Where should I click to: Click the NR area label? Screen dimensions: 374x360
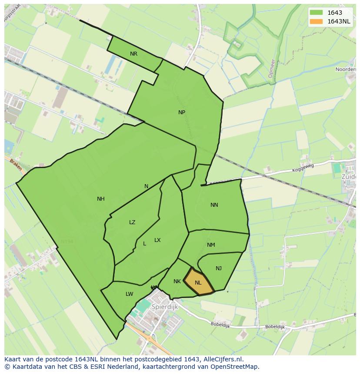(x=133, y=54)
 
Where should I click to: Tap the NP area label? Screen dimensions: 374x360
(x=182, y=113)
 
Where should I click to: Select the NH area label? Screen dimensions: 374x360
(x=101, y=199)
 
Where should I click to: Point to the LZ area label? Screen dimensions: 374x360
(x=132, y=222)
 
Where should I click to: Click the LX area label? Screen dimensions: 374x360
(x=157, y=240)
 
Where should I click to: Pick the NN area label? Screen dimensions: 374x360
(x=214, y=205)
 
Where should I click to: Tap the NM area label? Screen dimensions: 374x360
(x=211, y=245)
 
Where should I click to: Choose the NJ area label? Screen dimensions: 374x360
(x=219, y=268)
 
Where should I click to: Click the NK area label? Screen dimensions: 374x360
(x=177, y=281)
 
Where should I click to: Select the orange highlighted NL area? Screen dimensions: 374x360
(x=198, y=282)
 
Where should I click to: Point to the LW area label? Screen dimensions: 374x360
(x=129, y=294)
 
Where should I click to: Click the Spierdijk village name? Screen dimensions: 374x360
(x=165, y=307)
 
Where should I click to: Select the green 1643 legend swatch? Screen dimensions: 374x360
(x=316, y=13)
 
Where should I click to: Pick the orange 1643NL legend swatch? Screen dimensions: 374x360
(x=316, y=21)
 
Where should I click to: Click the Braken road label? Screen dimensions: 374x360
(x=15, y=164)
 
